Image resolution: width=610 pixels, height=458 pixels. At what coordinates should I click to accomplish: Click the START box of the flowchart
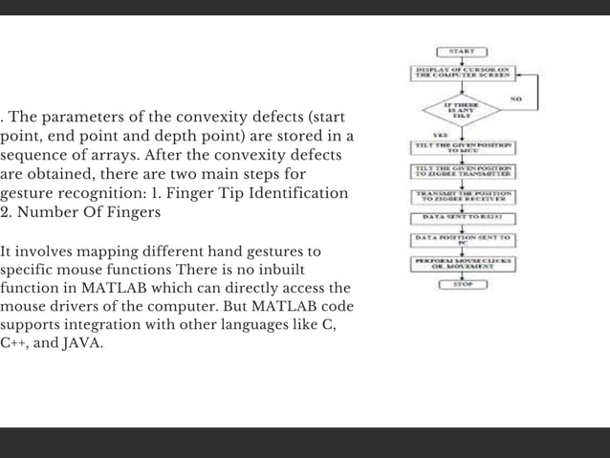tap(463, 51)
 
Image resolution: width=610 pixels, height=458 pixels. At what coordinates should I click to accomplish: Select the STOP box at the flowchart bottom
tap(464, 284)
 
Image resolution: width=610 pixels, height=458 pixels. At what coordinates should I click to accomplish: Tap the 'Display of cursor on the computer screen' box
tap(463, 74)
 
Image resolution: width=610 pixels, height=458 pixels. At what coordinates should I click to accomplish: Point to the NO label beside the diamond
tap(515, 98)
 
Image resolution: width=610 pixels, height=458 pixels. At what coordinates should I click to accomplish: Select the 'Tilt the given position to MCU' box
tap(463, 147)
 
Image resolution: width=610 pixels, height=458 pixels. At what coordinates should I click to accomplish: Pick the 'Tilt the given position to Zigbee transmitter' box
tap(463, 170)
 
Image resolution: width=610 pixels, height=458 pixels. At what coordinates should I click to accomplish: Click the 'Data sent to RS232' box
tap(463, 217)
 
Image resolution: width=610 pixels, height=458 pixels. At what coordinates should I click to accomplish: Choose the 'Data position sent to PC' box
tap(463, 239)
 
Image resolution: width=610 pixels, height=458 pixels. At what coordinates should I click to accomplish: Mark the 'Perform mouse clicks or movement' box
tap(463, 262)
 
